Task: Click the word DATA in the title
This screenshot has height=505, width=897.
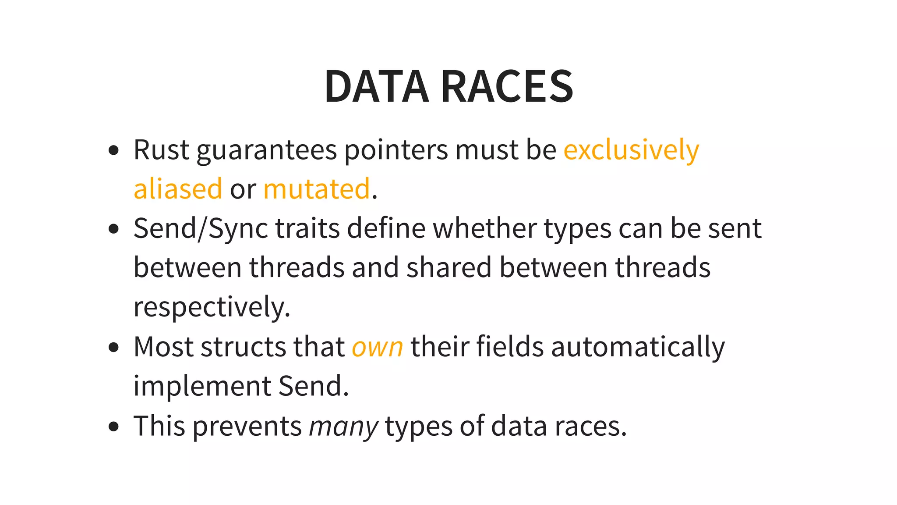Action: pos(376,86)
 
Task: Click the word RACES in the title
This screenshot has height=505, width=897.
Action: pos(507,86)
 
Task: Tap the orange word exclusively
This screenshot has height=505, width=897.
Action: pos(631,150)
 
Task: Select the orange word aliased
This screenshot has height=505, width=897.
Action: pos(178,189)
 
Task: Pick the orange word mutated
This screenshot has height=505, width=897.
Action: pos(317,189)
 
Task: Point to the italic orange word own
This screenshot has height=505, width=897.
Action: pos(377,347)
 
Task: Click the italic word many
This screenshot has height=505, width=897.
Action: pos(343,426)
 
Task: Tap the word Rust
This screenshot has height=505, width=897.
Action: pos(161,150)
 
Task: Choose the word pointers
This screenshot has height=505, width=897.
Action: pos(396,150)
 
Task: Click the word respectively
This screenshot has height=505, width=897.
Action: pos(212,307)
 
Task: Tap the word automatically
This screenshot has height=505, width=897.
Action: pos(638,347)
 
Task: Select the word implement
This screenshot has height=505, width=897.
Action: pos(202,386)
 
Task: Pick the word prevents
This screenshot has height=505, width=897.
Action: pos(247,426)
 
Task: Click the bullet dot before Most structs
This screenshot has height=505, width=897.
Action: pos(113,348)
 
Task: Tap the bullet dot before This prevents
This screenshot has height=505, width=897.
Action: pos(113,427)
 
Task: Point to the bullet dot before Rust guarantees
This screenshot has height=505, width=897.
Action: pos(113,150)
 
